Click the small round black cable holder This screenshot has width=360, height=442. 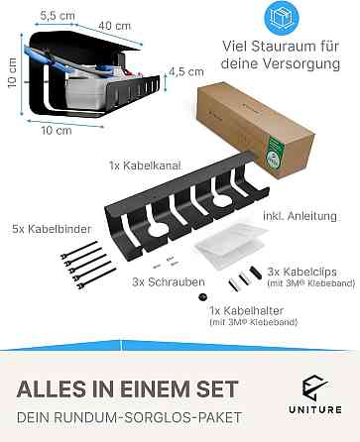tap(201, 297)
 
